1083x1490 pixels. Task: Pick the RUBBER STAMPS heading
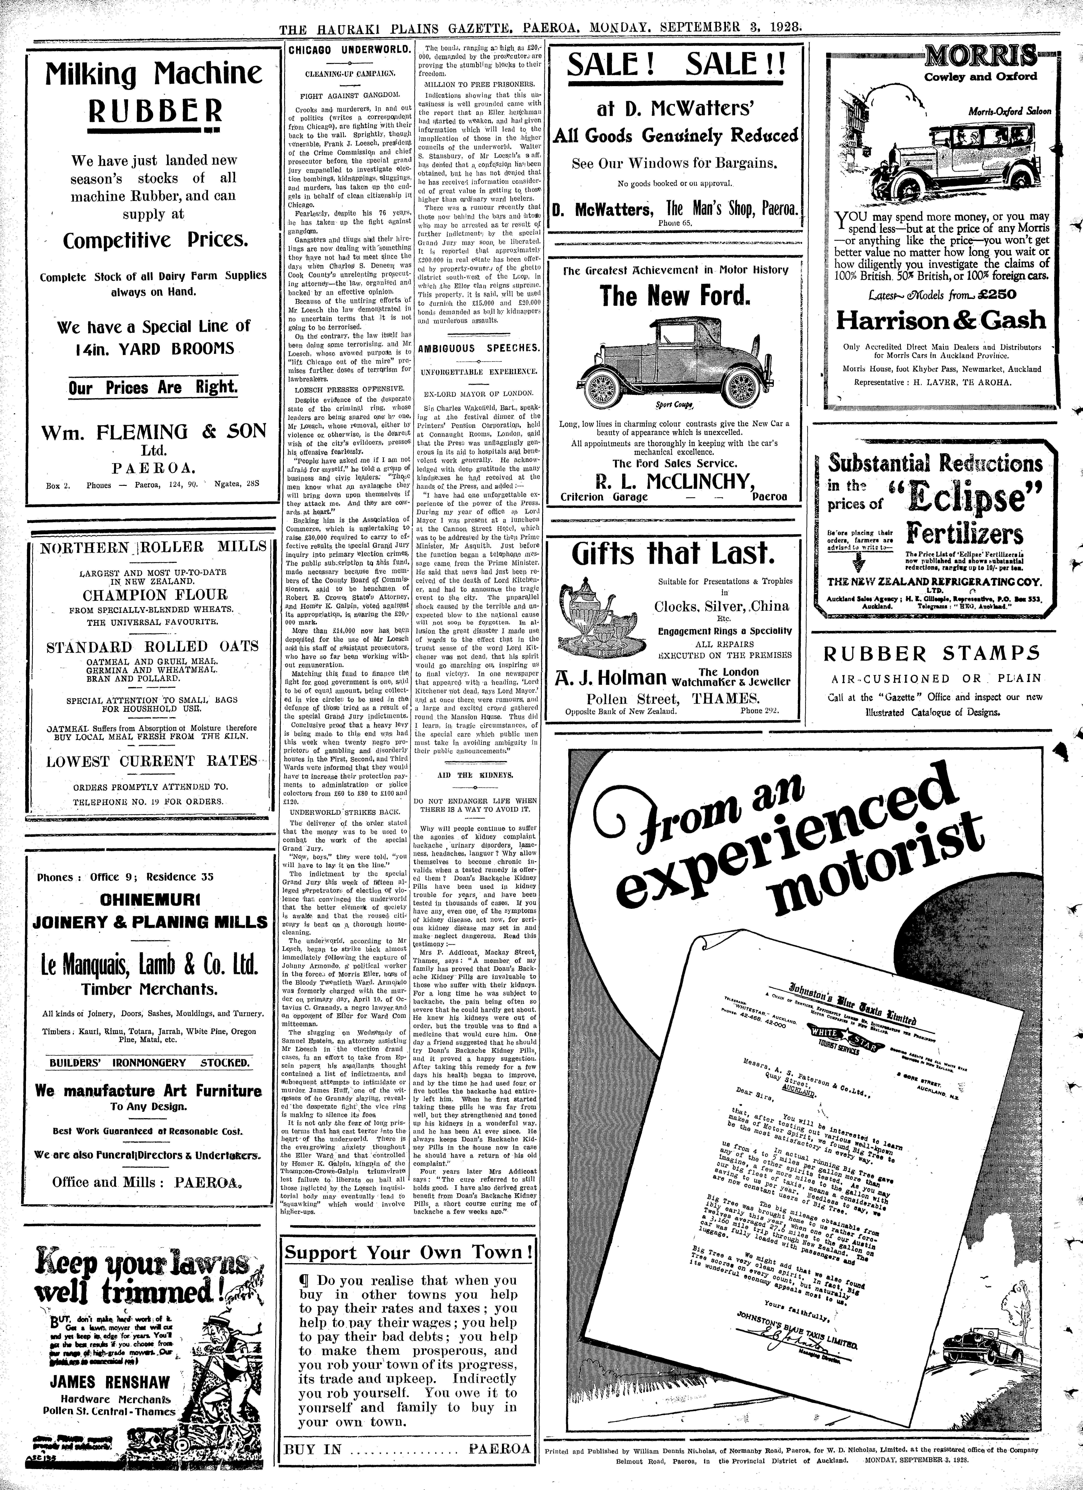coord(933,654)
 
